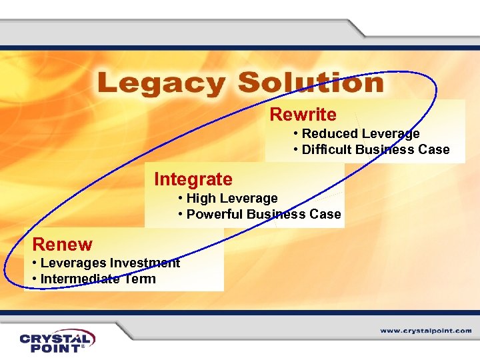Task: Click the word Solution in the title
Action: coord(311,83)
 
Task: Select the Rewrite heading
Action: coord(303,115)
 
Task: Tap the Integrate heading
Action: coord(193,179)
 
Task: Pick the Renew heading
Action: coord(62,244)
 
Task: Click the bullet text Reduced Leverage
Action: coord(361,133)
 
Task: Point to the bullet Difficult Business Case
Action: coord(375,149)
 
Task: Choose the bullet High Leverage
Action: coord(231,198)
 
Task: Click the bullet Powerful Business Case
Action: coord(263,214)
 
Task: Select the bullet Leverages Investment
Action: coord(110,263)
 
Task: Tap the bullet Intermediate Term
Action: coord(98,279)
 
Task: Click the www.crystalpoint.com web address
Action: coord(426,331)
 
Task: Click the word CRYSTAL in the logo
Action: coord(57,337)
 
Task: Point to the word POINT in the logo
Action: coord(53,348)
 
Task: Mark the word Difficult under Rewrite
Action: coord(327,149)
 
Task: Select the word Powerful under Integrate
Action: coord(215,214)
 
